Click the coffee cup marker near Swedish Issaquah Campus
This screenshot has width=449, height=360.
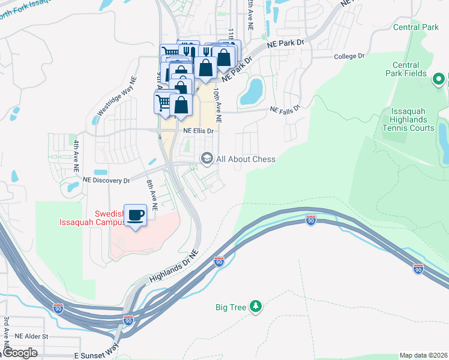click(135, 215)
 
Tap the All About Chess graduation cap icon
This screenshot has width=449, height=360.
click(207, 158)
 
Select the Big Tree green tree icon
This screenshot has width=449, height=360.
click(256, 307)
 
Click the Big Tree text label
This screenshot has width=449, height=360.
click(231, 307)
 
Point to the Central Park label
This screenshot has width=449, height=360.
click(416, 27)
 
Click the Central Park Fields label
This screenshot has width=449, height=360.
click(406, 69)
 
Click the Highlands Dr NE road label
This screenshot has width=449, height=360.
click(174, 266)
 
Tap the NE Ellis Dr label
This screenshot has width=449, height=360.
click(195, 131)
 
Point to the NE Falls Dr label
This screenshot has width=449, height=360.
click(284, 110)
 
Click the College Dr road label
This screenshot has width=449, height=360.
click(349, 56)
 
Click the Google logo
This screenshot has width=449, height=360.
click(20, 353)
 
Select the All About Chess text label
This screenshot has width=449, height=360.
click(246, 159)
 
